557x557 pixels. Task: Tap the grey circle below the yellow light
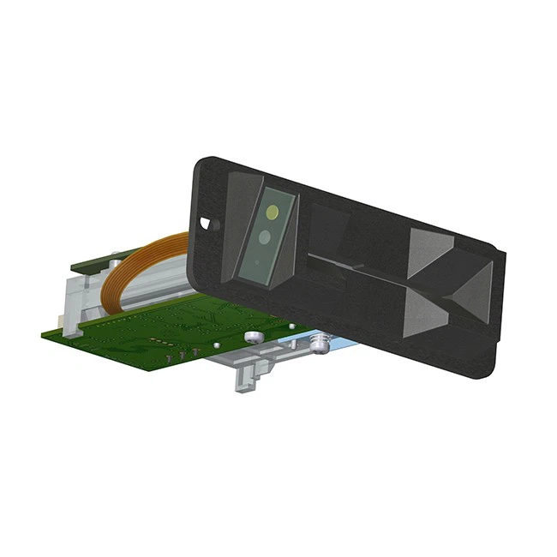(266, 236)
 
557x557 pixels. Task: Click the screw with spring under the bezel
(320, 342)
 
